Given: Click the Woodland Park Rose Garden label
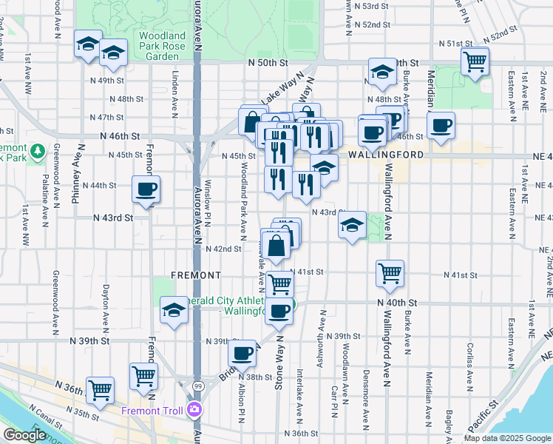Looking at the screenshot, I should coord(160,45).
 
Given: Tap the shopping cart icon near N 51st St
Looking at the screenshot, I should coord(475,61).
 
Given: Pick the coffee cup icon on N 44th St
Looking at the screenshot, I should coord(146,189).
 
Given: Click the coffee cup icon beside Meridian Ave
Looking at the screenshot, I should coord(441,127).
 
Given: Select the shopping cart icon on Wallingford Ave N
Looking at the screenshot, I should coord(390,274).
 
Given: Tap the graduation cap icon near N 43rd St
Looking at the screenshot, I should coord(353,226).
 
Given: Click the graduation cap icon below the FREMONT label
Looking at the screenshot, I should coord(174,310).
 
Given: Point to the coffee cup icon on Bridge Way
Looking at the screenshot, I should coord(242,354).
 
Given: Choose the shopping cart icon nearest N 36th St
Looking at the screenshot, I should coord(100,389).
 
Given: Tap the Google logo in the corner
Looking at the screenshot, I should coord(24,435).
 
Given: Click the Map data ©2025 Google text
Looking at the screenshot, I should coord(507,438).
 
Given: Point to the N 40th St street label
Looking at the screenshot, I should coord(397,303).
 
